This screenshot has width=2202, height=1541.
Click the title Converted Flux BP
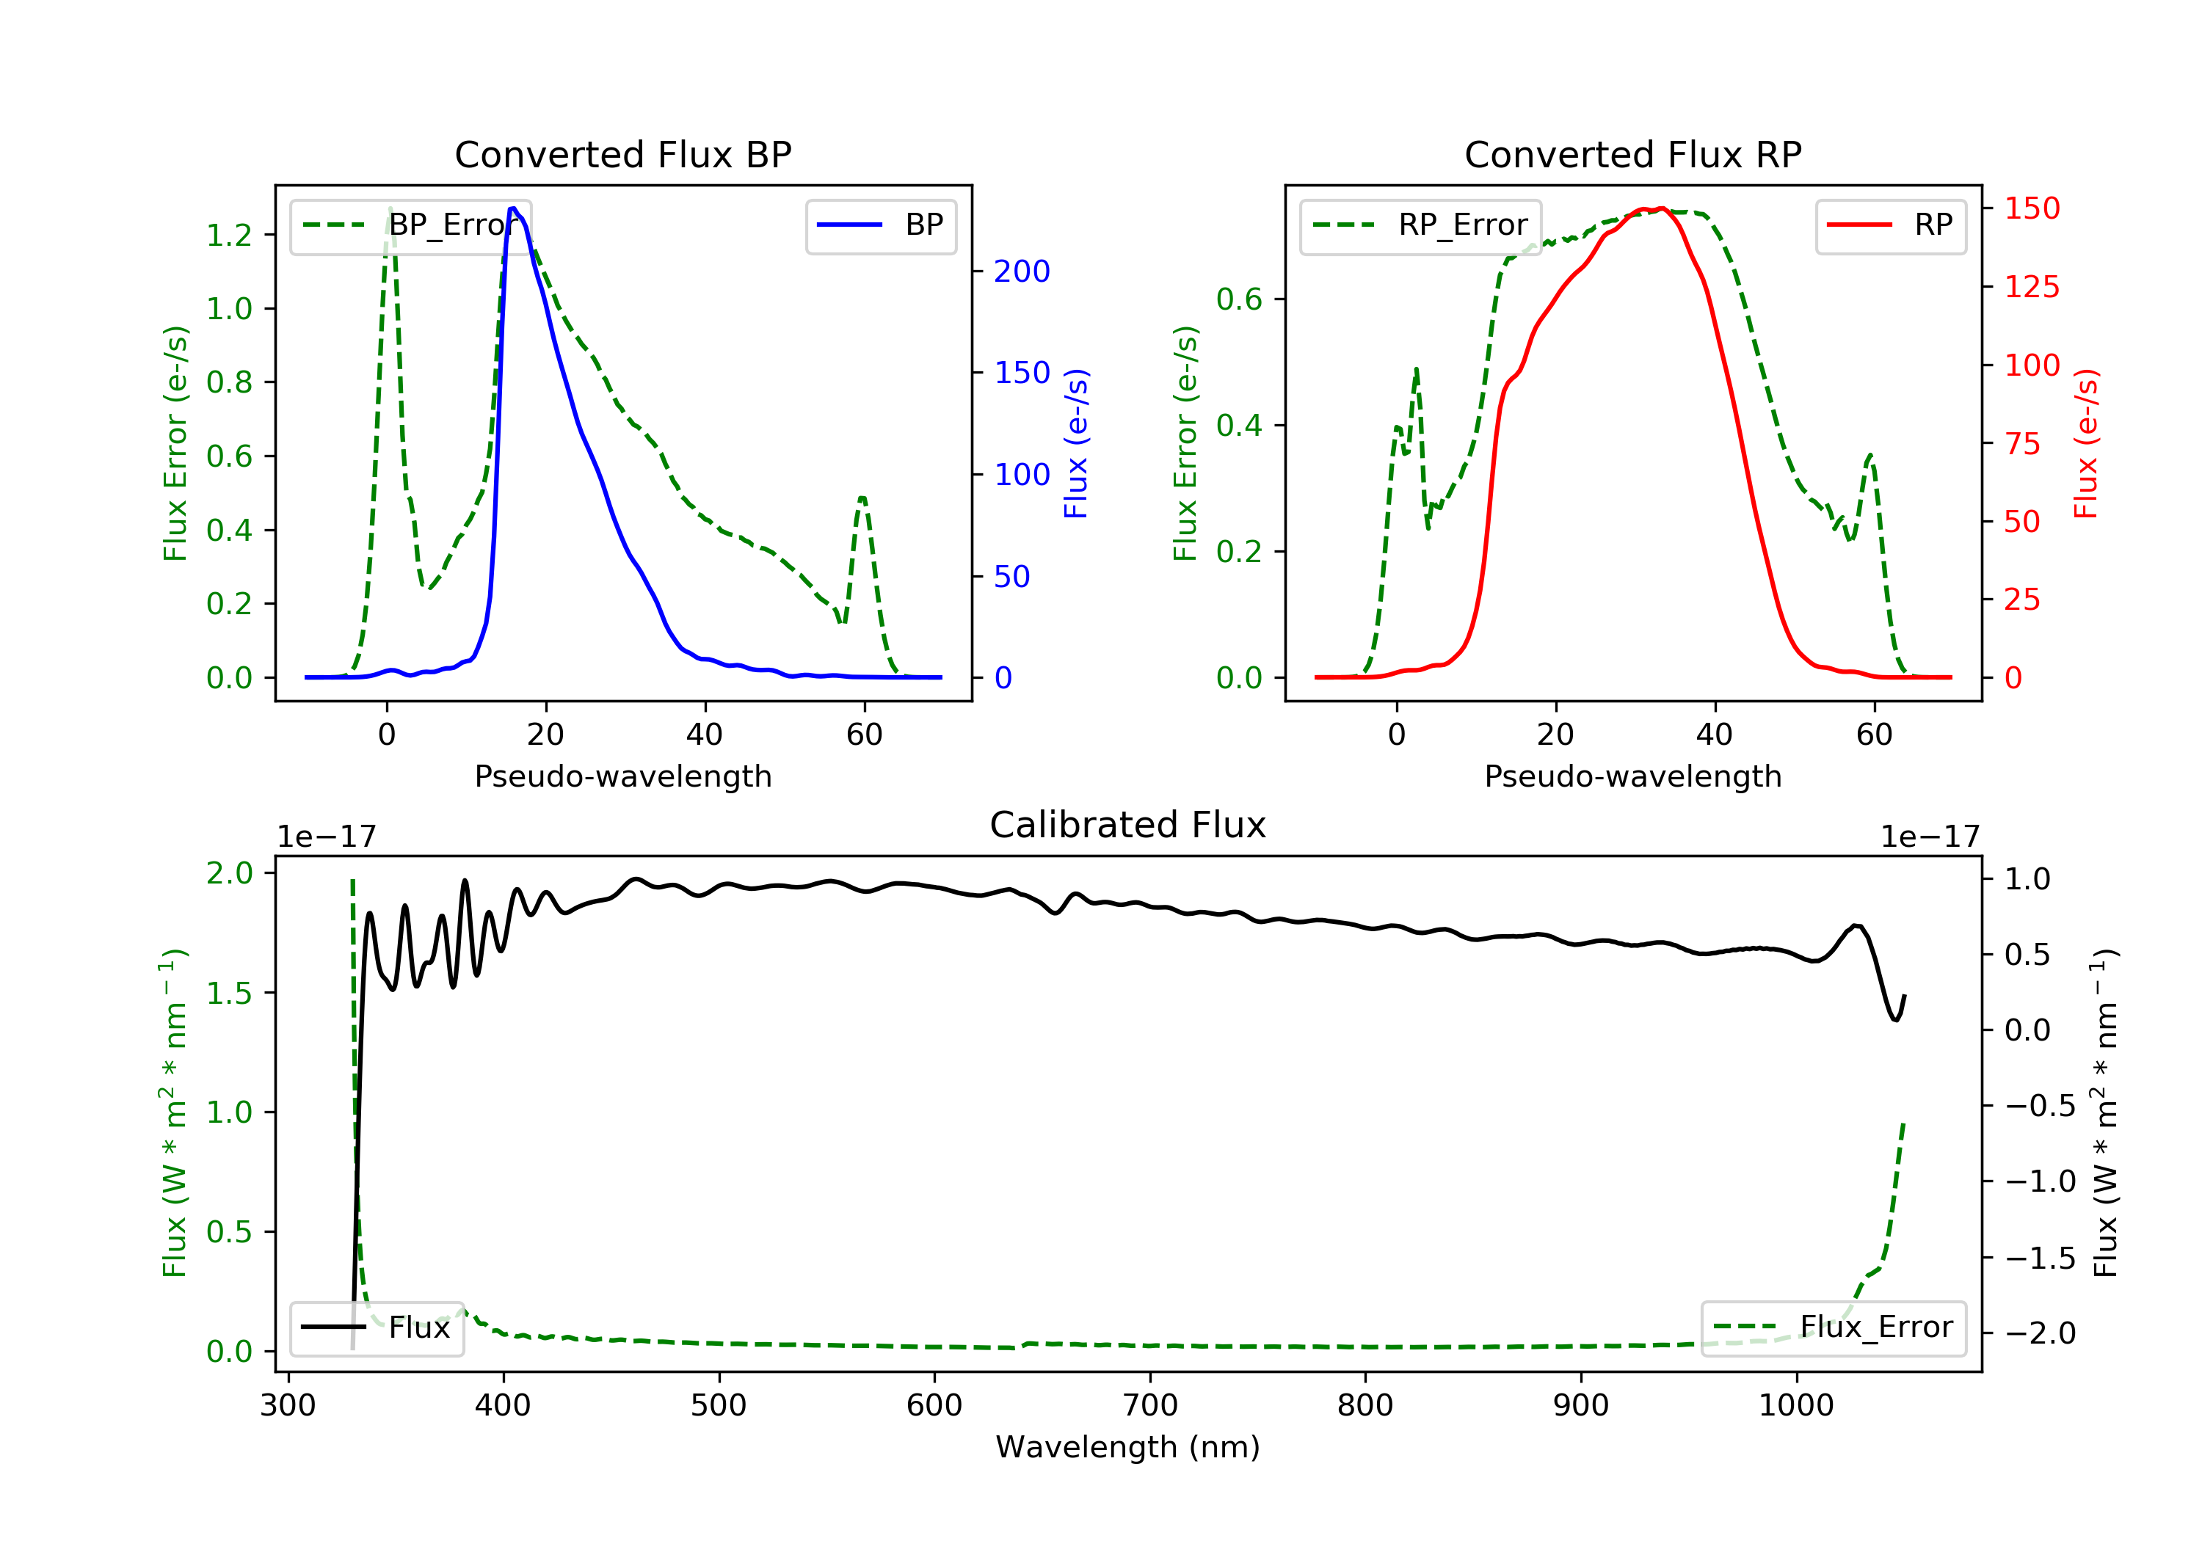pyautogui.click(x=622, y=154)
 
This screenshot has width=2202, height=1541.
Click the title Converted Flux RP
pyautogui.click(x=1632, y=154)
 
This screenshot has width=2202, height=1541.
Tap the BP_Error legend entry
pyautogui.click(x=410, y=225)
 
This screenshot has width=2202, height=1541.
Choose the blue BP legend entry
pyautogui.click(x=880, y=225)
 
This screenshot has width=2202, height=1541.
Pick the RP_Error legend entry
pyautogui.click(x=1420, y=225)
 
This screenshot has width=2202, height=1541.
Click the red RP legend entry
pyautogui.click(x=1890, y=225)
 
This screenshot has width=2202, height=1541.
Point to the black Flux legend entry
pyautogui.click(x=376, y=1327)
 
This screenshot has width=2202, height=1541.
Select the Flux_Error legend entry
pyautogui.click(x=1833, y=1327)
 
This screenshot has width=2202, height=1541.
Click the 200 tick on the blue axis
pyautogui.click(x=1022, y=272)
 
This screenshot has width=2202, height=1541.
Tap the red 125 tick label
pyautogui.click(x=2031, y=287)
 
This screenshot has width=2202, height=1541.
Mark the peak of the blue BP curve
pyautogui.click(x=513, y=208)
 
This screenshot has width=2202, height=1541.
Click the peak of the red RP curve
pyautogui.click(x=1661, y=208)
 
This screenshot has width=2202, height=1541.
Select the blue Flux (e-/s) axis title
pyautogui.click(x=1076, y=443)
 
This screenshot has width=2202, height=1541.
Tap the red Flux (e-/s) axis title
pyautogui.click(x=2086, y=443)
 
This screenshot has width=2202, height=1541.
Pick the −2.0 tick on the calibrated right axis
pyautogui.click(x=2039, y=1333)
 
